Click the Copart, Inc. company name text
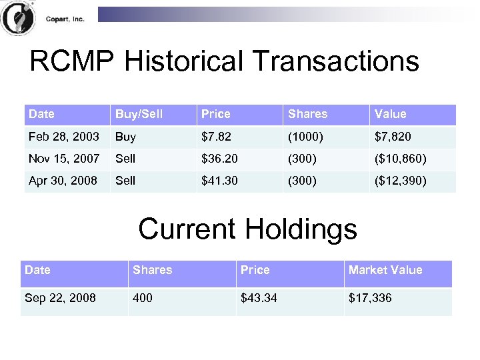click(x=65, y=19)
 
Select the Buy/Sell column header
click(x=139, y=114)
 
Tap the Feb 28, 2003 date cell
click(x=63, y=137)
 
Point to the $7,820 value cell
click(x=393, y=137)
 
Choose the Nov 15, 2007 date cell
click(x=64, y=159)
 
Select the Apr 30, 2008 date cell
click(x=63, y=181)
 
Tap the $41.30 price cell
click(x=220, y=181)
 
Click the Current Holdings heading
click(x=247, y=229)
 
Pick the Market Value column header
click(x=385, y=270)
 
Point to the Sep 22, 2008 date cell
click(x=60, y=298)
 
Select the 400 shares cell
click(x=143, y=298)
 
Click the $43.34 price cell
click(x=259, y=298)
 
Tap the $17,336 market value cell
click(x=370, y=298)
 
